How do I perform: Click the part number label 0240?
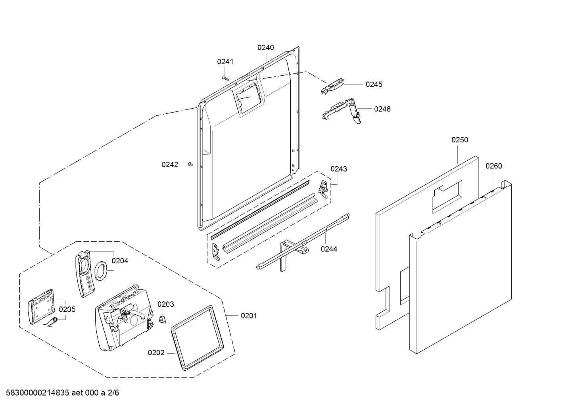pyautogui.click(x=265, y=48)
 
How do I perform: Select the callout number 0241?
pyautogui.click(x=225, y=61)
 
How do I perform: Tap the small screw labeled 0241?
pyautogui.click(x=226, y=78)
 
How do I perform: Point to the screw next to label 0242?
pyautogui.click(x=190, y=164)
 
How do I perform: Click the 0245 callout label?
pyautogui.click(x=374, y=84)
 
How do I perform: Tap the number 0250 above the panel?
pyautogui.click(x=459, y=140)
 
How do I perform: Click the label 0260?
pyautogui.click(x=493, y=166)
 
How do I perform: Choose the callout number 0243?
pyautogui.click(x=339, y=169)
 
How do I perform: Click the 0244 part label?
pyautogui.click(x=329, y=249)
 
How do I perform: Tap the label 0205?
pyautogui.click(x=67, y=309)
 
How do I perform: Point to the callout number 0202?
pyautogui.click(x=156, y=352)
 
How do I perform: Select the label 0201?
pyautogui.click(x=249, y=316)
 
